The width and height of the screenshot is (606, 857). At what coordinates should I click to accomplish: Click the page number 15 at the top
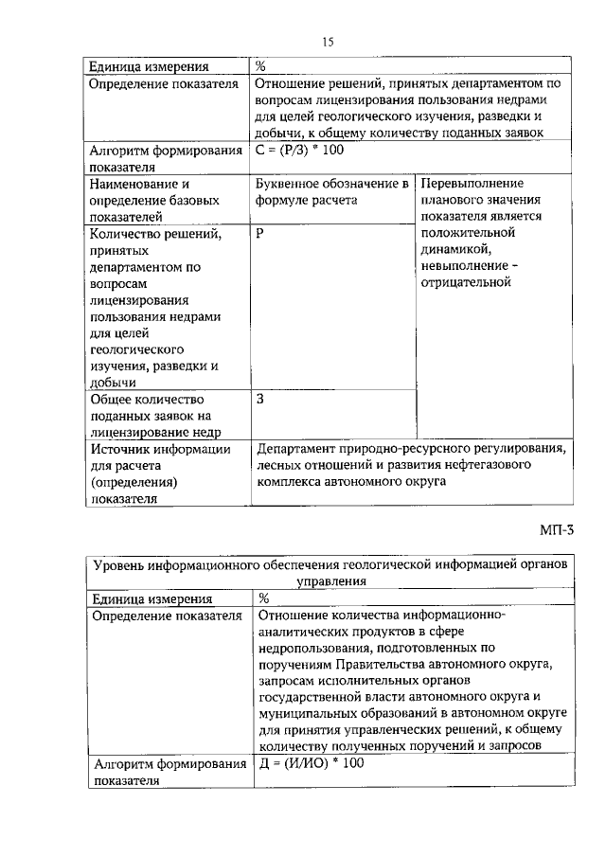329,42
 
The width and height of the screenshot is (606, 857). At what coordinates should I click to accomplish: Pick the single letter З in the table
260,399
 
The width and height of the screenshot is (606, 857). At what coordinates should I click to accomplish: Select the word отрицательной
467,283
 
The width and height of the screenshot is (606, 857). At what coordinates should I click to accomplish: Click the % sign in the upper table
260,66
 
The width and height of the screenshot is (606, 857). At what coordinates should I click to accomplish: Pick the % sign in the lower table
264,598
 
